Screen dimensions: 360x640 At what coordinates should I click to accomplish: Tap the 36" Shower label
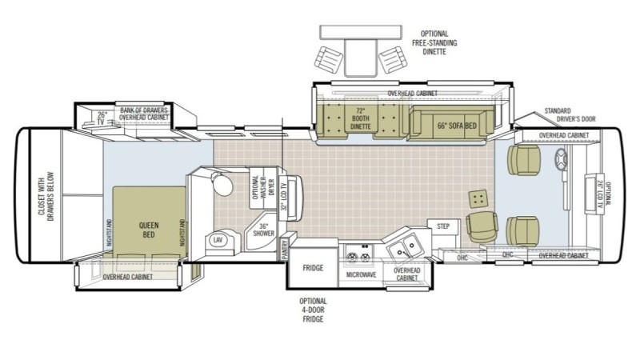[262, 229]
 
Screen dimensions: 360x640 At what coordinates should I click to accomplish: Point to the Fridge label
[312, 268]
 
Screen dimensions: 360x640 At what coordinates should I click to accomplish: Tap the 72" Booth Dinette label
[360, 119]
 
